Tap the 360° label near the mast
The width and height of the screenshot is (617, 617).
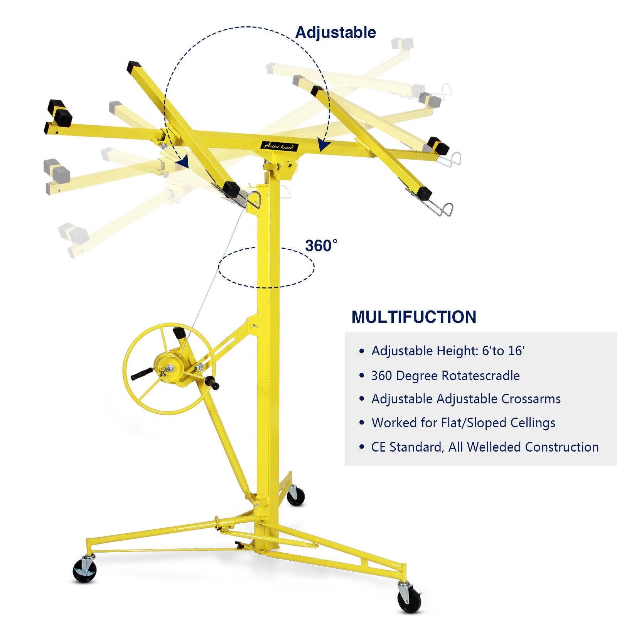tap(321, 246)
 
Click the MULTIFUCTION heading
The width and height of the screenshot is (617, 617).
tap(414, 317)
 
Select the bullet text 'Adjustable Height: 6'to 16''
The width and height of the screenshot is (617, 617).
tap(448, 351)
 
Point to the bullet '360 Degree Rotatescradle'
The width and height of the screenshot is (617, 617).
tap(445, 376)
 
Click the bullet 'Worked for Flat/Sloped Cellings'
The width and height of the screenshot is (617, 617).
tap(463, 423)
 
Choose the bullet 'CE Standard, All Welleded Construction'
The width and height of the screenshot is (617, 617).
tap(485, 447)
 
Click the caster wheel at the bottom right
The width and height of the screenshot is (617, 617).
tap(410, 599)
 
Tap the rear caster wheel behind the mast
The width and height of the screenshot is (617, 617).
tap(296, 496)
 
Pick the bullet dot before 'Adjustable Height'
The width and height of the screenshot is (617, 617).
tap(361, 351)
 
